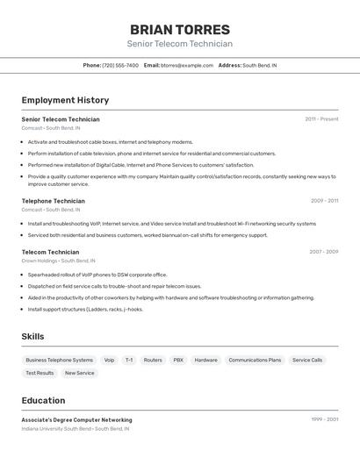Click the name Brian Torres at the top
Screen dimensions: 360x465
click(179, 29)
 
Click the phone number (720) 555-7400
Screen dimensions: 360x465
click(120, 65)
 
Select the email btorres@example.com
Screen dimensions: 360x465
click(187, 65)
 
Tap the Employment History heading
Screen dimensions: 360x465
click(65, 100)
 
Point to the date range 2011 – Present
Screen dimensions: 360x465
click(321, 119)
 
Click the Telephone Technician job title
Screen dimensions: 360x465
click(53, 201)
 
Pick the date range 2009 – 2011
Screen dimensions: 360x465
click(324, 201)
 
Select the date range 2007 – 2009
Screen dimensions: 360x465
click(323, 252)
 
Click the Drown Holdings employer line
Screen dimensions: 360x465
click(58, 261)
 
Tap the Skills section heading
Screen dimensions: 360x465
click(32, 336)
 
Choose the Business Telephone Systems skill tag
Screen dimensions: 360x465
click(59, 360)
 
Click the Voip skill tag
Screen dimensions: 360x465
click(109, 360)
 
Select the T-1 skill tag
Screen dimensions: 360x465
click(129, 360)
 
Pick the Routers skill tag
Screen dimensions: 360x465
click(153, 360)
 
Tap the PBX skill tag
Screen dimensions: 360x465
click(178, 360)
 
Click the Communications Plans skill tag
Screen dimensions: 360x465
click(255, 360)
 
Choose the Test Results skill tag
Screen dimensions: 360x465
click(40, 373)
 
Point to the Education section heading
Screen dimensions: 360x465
click(43, 400)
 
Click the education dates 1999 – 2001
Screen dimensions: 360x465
click(324, 420)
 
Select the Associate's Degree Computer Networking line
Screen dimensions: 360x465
click(76, 420)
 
